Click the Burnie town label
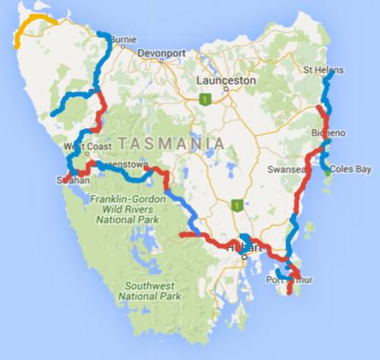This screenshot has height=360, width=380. [x=124, y=39]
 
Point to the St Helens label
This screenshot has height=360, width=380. [x=322, y=69]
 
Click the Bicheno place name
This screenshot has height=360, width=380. [x=329, y=134]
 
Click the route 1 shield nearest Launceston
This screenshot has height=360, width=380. [x=204, y=100]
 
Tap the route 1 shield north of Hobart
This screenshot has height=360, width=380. [x=235, y=205]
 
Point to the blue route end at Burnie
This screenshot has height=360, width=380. [x=102, y=35]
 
